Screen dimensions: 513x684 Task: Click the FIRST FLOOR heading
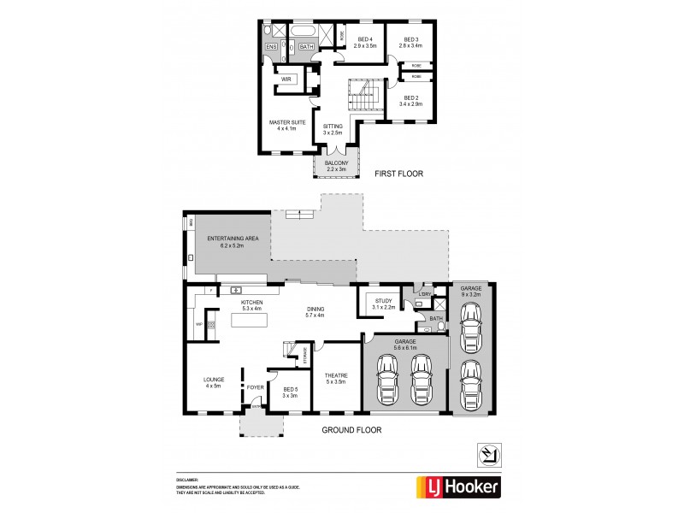pyautogui.click(x=399, y=174)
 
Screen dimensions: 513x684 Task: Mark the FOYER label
pyautogui.click(x=255, y=387)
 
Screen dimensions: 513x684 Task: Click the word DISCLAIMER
pyautogui.click(x=186, y=481)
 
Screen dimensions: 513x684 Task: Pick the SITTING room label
pyautogui.click(x=333, y=129)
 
